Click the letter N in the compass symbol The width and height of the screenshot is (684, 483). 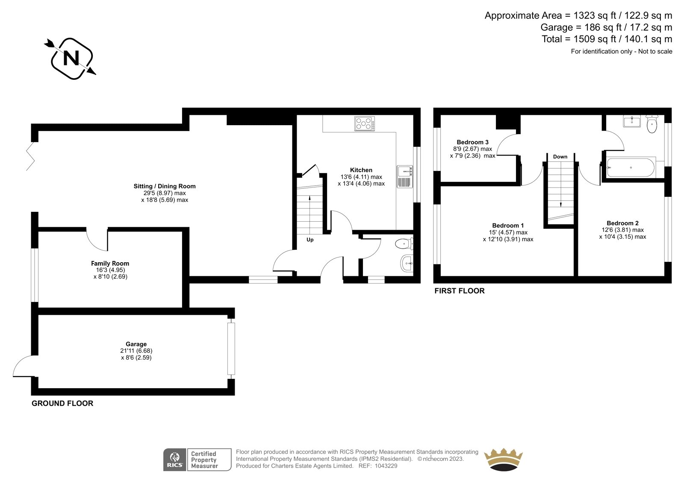click(71, 58)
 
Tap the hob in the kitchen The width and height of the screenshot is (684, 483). click(365, 123)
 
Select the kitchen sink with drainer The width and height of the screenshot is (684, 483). click(405, 176)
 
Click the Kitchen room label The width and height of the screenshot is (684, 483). click(361, 170)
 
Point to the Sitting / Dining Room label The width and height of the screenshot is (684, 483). click(165, 186)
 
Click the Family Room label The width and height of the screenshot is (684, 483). click(110, 263)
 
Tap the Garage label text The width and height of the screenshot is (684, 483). click(136, 344)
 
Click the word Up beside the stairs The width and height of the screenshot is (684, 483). click(310, 240)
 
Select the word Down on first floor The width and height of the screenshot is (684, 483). click(560, 157)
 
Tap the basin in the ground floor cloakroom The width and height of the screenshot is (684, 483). click(407, 263)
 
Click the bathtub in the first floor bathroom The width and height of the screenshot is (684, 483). click(631, 167)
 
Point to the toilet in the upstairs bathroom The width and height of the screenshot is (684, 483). click(652, 124)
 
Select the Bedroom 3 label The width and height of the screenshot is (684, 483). click(472, 142)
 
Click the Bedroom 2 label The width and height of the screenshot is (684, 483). click(622, 223)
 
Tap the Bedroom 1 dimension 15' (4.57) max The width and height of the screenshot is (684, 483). click(508, 232)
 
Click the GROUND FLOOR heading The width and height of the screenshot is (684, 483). click(62, 404)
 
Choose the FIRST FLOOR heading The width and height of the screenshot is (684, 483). click(460, 291)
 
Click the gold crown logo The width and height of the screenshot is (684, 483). click(503, 459)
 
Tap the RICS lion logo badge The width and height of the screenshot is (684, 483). click(175, 460)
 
